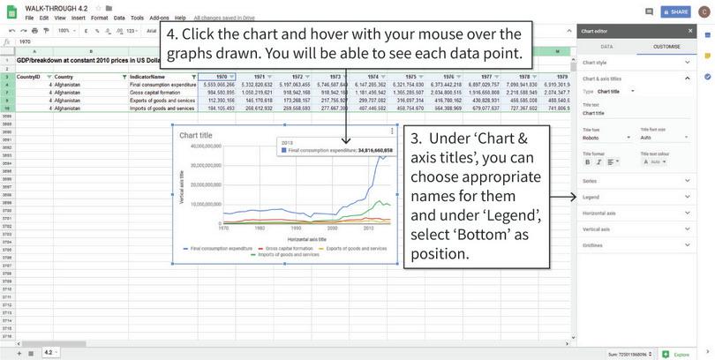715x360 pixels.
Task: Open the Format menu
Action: [99, 18]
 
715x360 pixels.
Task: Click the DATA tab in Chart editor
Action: [606, 46]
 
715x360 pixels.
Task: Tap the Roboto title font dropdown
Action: [606, 138]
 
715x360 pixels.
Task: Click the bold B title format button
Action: [587, 161]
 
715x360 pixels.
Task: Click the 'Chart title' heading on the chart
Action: [196, 136]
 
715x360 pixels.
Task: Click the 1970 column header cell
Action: [221, 77]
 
